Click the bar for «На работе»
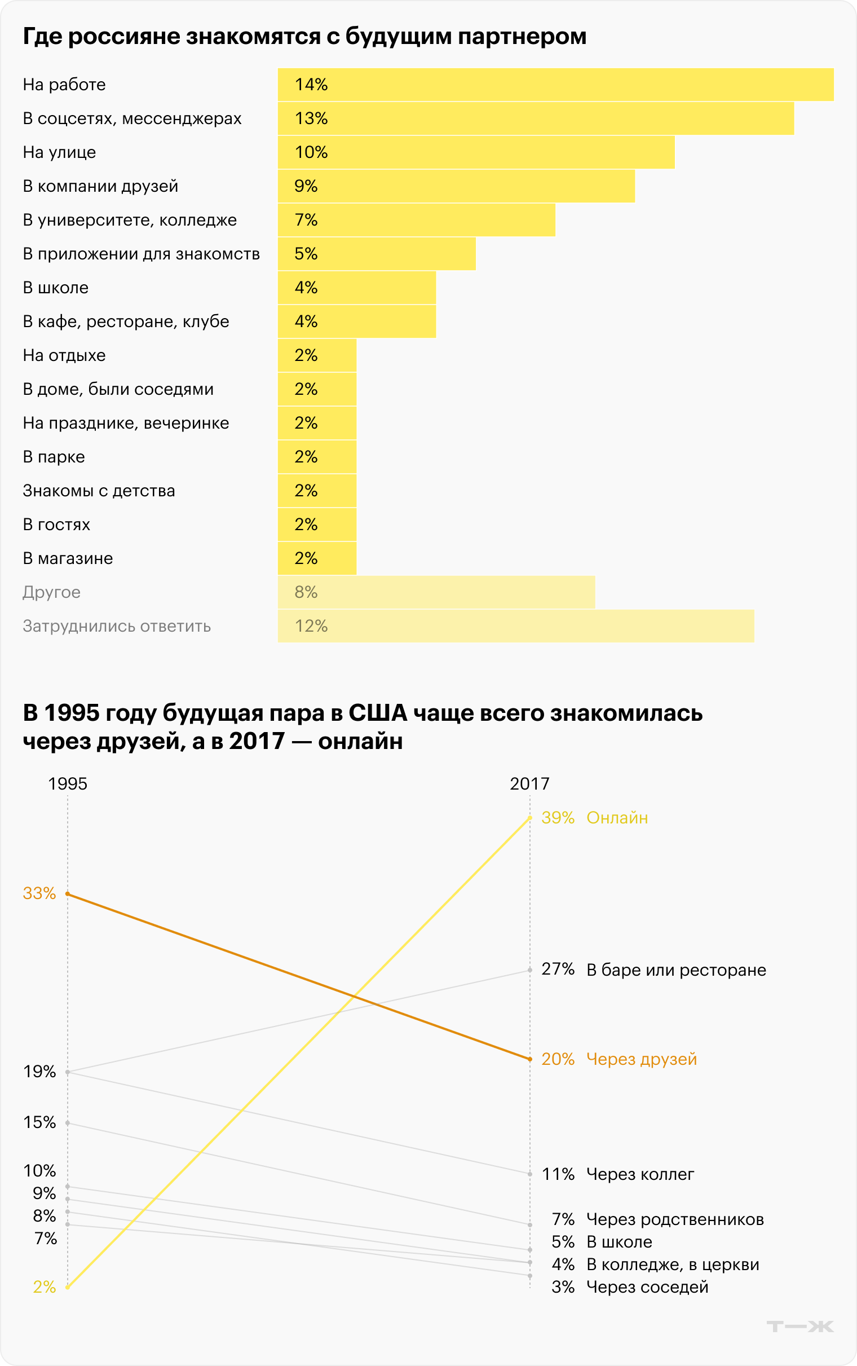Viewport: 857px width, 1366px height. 555,85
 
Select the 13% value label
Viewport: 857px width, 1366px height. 311,118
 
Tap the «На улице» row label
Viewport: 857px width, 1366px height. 60,152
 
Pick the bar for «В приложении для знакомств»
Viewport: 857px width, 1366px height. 377,254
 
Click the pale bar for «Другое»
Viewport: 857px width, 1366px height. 436,592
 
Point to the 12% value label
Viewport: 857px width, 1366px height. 311,627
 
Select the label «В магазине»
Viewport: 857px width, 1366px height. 68,559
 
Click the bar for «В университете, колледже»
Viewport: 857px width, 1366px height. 417,220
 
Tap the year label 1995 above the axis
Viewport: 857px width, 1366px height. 68,784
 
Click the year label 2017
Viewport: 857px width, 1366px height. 529,784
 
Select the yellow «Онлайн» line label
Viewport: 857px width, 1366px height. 617,818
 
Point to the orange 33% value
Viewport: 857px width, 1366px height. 39,894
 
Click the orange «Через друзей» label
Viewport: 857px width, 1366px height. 641,1059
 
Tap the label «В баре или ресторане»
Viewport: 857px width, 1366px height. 675,971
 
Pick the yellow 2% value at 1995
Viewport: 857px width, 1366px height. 44,1287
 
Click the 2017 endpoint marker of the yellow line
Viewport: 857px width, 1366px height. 530,818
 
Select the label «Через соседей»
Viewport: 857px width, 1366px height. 647,1287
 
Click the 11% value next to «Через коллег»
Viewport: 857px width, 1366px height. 558,1174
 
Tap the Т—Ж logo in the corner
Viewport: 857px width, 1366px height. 799,1327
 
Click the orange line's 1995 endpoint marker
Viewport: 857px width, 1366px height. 68,894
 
